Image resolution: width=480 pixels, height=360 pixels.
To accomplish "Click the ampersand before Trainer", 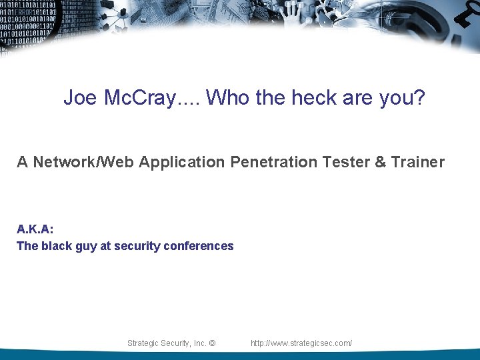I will click(381, 161).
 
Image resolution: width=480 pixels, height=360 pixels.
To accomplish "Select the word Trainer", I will click(417, 161).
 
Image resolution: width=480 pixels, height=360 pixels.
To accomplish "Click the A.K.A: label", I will click(35, 229).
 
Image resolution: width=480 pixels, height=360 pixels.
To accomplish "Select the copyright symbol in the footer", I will click(212, 343).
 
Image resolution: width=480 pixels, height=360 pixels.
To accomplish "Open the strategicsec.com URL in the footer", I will click(301, 343).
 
